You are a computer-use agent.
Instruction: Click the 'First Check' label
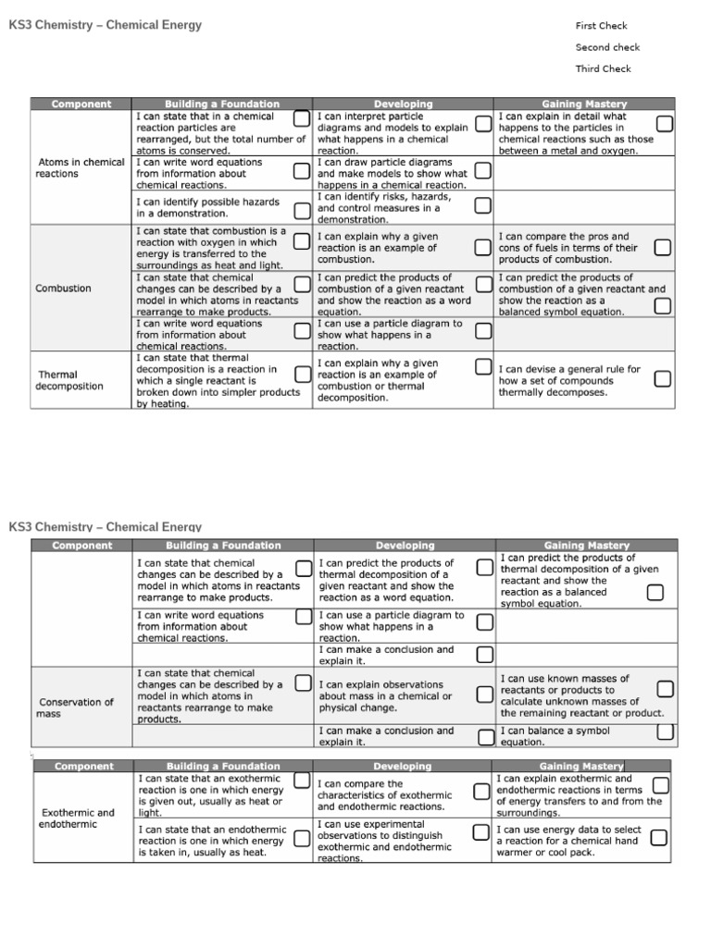tap(601, 26)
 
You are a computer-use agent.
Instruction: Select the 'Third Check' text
tap(603, 68)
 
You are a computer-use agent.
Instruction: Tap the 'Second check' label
tap(607, 47)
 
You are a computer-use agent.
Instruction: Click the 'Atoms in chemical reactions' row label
tap(80, 167)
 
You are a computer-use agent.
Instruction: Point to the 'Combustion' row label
tap(63, 289)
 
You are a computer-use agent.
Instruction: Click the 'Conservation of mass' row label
tap(75, 707)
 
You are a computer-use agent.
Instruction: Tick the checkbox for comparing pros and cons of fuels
tap(662, 247)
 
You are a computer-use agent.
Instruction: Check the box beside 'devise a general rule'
tap(662, 379)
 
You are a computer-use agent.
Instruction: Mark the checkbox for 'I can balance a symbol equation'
tap(666, 732)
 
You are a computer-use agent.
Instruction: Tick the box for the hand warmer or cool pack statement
tap(658, 838)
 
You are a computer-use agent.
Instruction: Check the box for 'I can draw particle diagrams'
tap(482, 171)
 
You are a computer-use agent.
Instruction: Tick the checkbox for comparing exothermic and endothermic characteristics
tap(480, 792)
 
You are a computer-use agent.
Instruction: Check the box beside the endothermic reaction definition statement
tap(302, 838)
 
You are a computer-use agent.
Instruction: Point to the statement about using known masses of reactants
tap(581, 695)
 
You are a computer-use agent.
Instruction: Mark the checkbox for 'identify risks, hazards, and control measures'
tap(482, 205)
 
